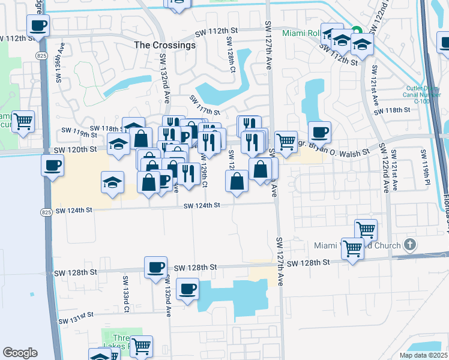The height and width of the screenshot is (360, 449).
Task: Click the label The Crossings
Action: pos(164,45)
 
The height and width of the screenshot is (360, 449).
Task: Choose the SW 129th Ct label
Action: pos(205,175)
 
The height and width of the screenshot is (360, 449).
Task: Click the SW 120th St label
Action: pos(76,149)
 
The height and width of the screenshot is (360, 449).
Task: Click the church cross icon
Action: pos(410,245)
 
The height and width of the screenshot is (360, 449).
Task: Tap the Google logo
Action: pos(20,353)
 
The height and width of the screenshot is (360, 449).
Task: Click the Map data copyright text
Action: pos(424,355)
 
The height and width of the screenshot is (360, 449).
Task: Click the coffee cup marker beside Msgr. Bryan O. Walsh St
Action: pos(319,131)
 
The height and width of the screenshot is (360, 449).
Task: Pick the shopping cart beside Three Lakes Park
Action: pos(141,346)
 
